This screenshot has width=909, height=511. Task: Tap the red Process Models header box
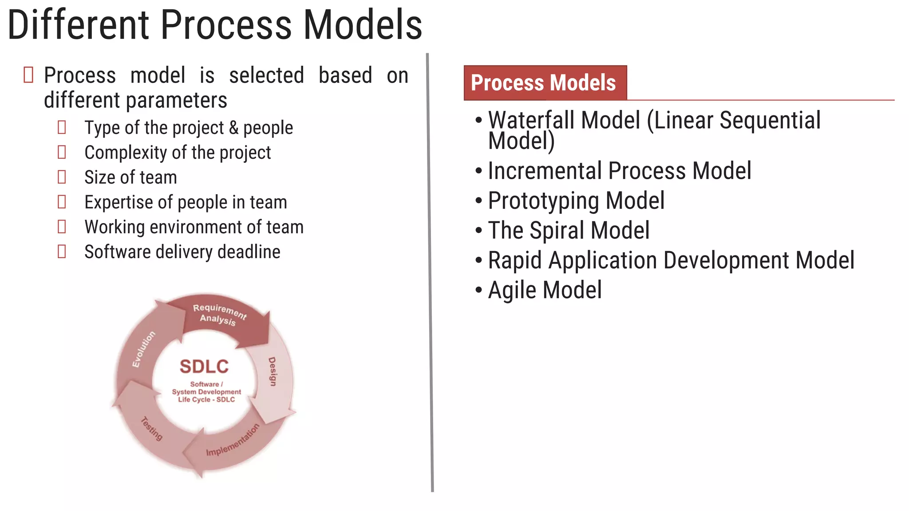point(545,83)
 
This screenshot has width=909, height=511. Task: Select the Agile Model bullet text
point(545,290)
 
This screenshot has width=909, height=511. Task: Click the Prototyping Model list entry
point(576,200)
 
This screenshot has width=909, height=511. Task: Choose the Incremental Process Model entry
point(619,171)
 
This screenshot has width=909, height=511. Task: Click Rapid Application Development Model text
point(671,260)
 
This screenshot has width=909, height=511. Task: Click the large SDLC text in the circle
point(204,366)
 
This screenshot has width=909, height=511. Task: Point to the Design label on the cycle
point(272,371)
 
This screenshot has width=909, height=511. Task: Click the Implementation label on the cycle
point(233,440)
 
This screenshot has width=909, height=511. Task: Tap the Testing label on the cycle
point(152,428)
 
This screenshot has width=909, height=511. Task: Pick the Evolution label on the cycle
point(143,349)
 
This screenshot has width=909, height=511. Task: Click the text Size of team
point(130,177)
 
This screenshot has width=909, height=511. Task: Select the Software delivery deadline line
point(182,252)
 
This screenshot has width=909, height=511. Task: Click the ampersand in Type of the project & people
point(233,128)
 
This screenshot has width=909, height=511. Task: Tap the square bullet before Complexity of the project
point(62,152)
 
